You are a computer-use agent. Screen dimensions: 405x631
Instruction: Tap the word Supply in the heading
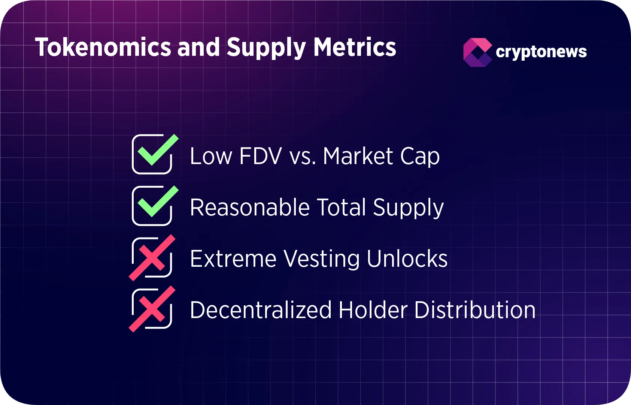[x=266, y=48]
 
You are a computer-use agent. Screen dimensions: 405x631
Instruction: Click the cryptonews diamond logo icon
[x=477, y=52]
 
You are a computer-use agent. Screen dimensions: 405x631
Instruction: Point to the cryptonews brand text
[x=541, y=52]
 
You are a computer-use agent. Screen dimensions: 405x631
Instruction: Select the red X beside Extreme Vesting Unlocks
[x=152, y=258]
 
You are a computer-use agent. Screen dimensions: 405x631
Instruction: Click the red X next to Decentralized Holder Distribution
[x=152, y=309]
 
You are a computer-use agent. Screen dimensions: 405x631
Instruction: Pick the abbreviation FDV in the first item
[x=260, y=156]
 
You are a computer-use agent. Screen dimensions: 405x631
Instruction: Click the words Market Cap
[x=381, y=156]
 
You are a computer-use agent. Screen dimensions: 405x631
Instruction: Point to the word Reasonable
[x=249, y=207]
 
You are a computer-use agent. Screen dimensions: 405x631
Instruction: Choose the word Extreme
[x=233, y=259]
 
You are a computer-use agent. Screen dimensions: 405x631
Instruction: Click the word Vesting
[x=321, y=259]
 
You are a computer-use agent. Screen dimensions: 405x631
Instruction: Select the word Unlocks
[x=407, y=259]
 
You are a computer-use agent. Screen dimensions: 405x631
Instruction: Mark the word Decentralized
[x=261, y=310]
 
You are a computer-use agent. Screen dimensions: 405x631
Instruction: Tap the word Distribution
[x=475, y=310]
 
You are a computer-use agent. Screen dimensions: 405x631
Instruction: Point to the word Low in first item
[x=210, y=156]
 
